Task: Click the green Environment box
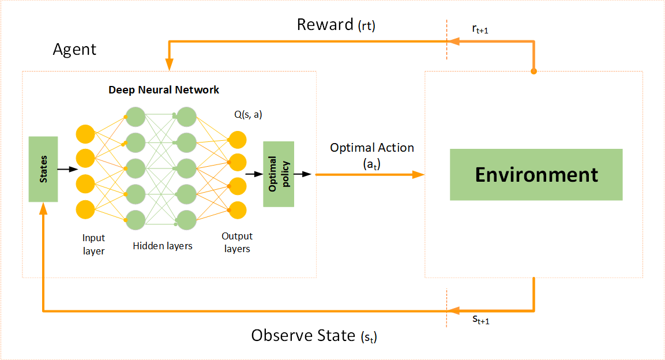click(536, 174)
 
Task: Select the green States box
click(43, 169)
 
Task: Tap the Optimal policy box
click(279, 174)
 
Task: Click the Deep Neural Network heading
click(164, 90)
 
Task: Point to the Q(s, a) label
click(247, 114)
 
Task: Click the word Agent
click(74, 50)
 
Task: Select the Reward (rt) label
click(336, 25)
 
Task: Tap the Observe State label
click(314, 336)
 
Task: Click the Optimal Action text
click(371, 148)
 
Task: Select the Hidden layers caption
click(163, 246)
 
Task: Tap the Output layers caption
click(237, 242)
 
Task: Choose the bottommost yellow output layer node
click(237, 209)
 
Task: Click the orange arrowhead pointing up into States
click(43, 208)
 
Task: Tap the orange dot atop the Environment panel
click(533, 72)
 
